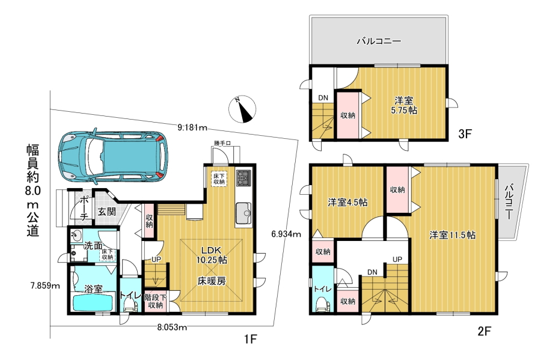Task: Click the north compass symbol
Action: click(242, 109)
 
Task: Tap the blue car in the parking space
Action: click(113, 156)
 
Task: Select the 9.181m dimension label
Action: click(192, 127)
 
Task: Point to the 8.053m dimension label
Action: click(172, 328)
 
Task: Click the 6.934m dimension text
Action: click(286, 233)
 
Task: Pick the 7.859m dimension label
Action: click(45, 285)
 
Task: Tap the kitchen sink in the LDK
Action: click(243, 213)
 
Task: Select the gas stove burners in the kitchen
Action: click(243, 178)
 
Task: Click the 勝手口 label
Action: click(222, 143)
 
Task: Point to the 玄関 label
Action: click(106, 212)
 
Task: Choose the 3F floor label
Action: click(465, 134)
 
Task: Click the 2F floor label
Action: click(484, 331)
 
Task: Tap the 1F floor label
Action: click(251, 339)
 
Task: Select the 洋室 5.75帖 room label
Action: click(404, 105)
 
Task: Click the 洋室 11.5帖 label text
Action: click(453, 235)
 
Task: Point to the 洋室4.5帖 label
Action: click(348, 203)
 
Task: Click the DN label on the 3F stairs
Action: click(323, 98)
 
